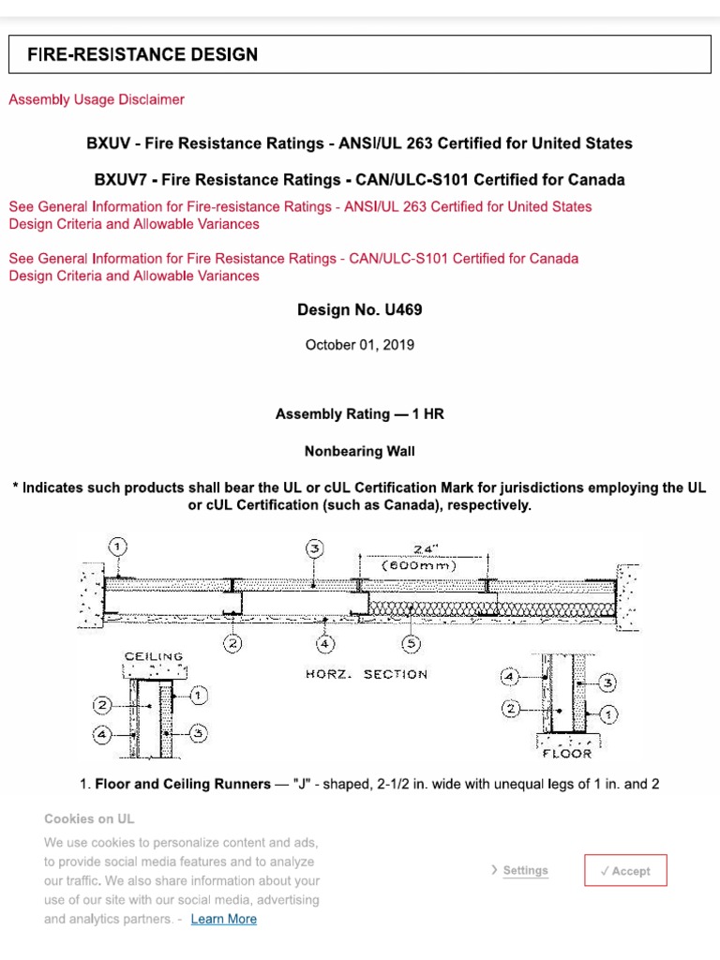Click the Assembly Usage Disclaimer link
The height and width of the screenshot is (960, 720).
[97, 99]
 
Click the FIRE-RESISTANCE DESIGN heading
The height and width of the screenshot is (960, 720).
[142, 54]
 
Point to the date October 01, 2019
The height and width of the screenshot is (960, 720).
[359, 344]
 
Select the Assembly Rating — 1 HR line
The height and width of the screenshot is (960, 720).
[359, 413]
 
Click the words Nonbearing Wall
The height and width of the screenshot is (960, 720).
[359, 451]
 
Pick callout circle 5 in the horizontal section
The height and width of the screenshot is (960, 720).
[411, 643]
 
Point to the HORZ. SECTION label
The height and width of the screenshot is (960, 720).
[367, 674]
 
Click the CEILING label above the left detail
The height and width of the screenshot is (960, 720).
[154, 656]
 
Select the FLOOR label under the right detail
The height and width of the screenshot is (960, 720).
[567, 753]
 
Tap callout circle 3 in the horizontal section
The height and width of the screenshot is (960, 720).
[315, 547]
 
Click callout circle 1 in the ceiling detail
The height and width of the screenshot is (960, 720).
[199, 696]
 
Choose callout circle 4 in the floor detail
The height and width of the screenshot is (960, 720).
[511, 675]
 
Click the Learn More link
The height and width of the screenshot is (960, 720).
[223, 919]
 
